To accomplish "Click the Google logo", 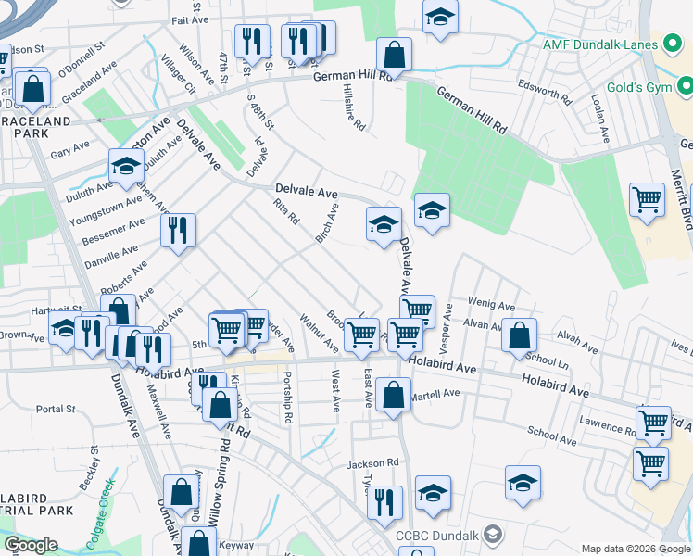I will point(30,545).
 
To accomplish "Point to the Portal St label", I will point(56,409).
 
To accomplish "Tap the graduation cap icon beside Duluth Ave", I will point(126,166).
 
